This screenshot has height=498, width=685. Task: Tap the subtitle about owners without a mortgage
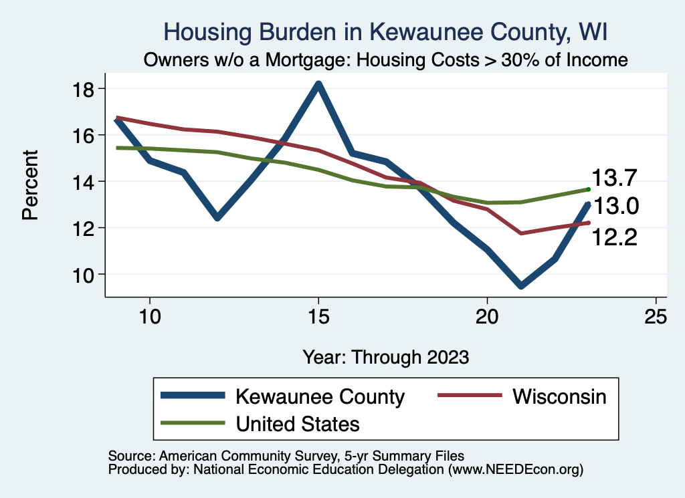click(386, 60)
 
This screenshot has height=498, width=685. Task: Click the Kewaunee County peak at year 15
click(318, 84)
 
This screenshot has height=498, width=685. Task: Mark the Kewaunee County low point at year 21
click(520, 285)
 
